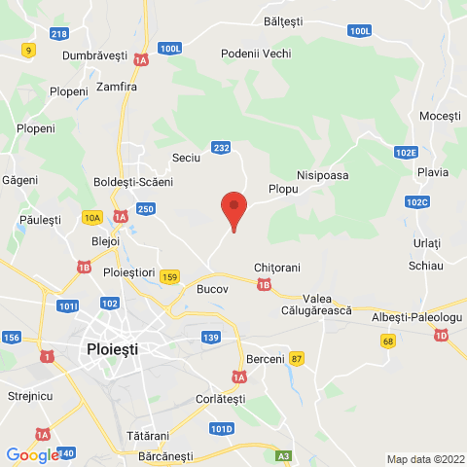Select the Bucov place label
click(x=211, y=290)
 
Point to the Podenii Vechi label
click(x=256, y=54)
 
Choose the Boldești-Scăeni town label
click(x=132, y=182)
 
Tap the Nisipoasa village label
click(x=322, y=175)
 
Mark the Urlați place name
click(x=426, y=242)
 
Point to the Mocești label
click(x=439, y=116)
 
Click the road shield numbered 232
click(x=222, y=148)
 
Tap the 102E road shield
click(x=407, y=153)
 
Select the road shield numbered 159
click(x=170, y=276)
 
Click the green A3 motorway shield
click(x=283, y=455)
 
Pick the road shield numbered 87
click(x=297, y=359)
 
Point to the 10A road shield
click(x=91, y=217)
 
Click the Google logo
click(x=31, y=454)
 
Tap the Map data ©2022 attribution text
click(x=425, y=459)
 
